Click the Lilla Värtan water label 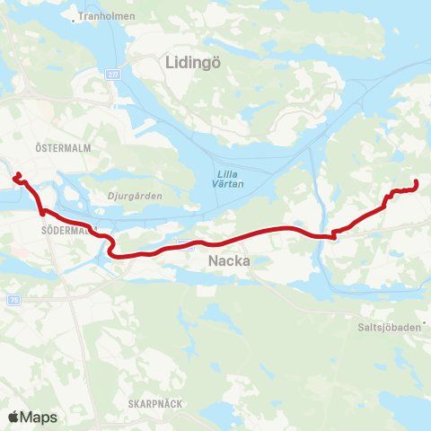click(x=228, y=179)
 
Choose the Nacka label click(x=224, y=261)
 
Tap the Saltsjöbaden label click(x=390, y=329)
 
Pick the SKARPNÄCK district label click(x=154, y=403)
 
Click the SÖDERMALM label click(x=63, y=230)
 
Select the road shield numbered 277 click(x=111, y=74)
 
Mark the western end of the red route click(x=15, y=176)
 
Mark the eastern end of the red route click(x=417, y=183)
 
